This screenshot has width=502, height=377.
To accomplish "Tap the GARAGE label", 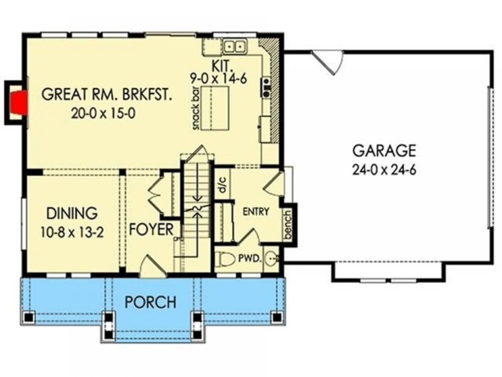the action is [384, 151].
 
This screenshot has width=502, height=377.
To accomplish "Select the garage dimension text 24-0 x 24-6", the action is [384, 170].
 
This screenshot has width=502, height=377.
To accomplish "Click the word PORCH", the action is [151, 302].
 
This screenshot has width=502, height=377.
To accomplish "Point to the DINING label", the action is [72, 213].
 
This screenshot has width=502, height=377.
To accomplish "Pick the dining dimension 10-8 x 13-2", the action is [72, 232].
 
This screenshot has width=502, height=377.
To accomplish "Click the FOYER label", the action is [151, 230].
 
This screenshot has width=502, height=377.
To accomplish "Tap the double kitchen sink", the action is [234, 46].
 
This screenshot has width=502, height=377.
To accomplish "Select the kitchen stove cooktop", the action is [266, 87].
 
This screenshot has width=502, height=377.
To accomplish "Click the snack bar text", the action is [196, 108].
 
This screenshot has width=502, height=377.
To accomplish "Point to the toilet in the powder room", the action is [227, 259].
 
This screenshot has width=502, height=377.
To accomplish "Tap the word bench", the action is [288, 225].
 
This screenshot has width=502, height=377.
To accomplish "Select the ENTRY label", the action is [256, 212].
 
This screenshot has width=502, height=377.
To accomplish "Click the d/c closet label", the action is [222, 185].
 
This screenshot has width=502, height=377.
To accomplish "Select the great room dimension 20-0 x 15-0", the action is [103, 113].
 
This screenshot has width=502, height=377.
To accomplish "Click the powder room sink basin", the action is [271, 258].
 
